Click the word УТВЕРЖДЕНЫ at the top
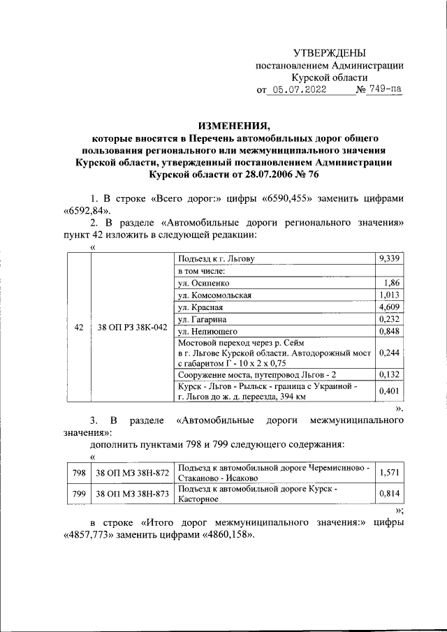(329, 53)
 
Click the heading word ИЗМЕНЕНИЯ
(233, 126)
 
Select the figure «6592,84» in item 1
(86, 210)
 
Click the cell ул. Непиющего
(209, 331)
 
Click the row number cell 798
(79, 473)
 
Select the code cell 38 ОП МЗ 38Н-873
(132, 494)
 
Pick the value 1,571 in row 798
(389, 473)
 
